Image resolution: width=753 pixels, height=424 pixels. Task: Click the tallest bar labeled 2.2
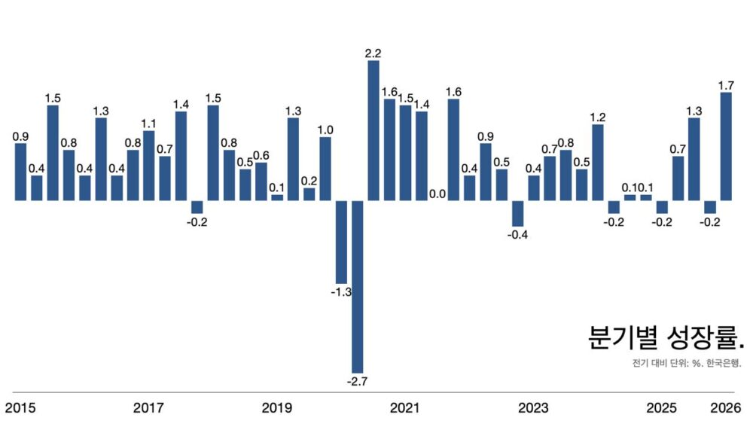click(373, 130)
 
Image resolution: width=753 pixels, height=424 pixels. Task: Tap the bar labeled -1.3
click(341, 242)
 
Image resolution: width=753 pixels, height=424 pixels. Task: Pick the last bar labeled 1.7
click(727, 147)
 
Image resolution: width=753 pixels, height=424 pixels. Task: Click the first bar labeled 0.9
click(20, 172)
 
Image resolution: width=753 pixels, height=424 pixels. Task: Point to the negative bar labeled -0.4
click(517, 213)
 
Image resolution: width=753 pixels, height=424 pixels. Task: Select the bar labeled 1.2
click(598, 163)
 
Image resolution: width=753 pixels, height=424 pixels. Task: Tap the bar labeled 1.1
click(148, 166)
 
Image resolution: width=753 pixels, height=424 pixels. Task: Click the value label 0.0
click(437, 194)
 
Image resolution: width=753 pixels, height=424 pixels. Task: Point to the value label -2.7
click(357, 382)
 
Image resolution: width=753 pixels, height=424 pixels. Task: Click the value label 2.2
click(373, 53)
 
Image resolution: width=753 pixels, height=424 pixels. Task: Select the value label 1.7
click(727, 86)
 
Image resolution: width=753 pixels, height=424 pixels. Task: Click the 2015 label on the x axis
click(20, 408)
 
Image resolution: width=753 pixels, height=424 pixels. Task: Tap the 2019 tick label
click(277, 408)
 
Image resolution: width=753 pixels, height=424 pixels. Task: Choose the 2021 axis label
click(405, 408)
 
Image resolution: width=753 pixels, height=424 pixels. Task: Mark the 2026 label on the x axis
click(727, 408)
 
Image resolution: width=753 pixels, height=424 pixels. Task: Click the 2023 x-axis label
click(533, 408)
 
